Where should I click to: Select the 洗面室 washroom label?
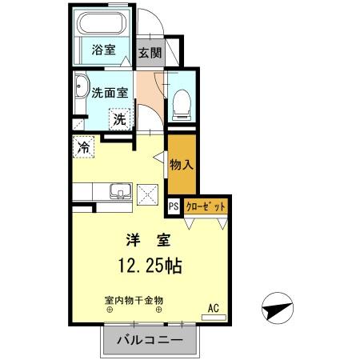(x=110, y=92)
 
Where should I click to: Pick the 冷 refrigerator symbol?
(x=84, y=147)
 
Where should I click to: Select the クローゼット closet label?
(x=206, y=206)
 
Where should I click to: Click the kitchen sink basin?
(x=120, y=192)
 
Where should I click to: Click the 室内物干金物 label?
(x=133, y=300)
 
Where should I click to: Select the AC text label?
(x=214, y=307)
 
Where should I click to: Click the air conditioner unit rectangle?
(x=214, y=318)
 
